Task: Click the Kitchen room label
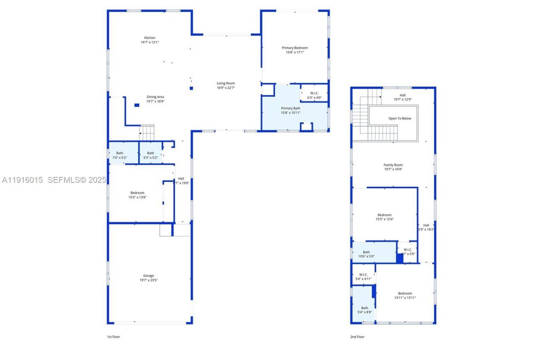150,38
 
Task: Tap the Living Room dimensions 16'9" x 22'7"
226,88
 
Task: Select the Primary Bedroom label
295,48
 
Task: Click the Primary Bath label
291,108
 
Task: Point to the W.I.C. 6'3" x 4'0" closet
314,95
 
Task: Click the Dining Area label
155,97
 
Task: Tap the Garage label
148,276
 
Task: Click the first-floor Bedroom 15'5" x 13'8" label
137,193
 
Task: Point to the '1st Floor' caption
113,337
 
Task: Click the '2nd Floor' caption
357,337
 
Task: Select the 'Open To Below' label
400,118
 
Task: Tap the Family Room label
393,165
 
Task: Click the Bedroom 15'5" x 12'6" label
385,215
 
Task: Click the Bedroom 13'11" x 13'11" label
405,293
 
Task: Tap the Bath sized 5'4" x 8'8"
365,308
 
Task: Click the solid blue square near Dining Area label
137,105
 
